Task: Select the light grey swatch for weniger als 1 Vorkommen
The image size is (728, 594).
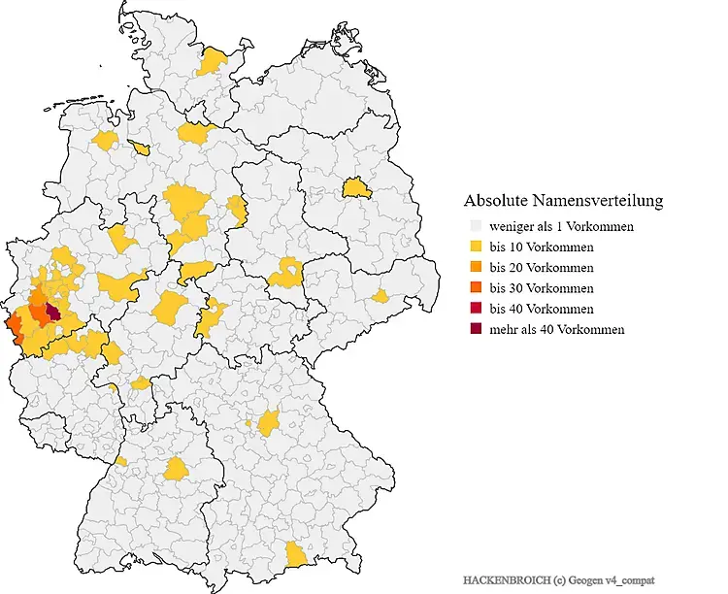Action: [x=476, y=227]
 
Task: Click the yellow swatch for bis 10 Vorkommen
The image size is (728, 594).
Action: [x=476, y=247]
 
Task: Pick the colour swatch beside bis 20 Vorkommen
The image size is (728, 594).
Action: [x=476, y=268]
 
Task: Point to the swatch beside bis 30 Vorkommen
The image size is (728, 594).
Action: [x=476, y=288]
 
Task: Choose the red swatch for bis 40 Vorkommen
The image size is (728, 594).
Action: [x=476, y=309]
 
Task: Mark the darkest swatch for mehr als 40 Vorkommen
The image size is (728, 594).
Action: [x=476, y=330]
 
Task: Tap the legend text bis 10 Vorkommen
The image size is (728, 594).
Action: [x=542, y=247]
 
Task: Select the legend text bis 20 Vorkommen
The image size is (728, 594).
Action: [x=542, y=268]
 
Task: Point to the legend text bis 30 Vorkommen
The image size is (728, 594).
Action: [x=542, y=288]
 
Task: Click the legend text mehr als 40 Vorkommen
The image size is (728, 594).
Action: [x=557, y=330]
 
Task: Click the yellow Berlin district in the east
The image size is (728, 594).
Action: [x=355, y=186]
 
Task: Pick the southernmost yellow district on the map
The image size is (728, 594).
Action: [x=295, y=554]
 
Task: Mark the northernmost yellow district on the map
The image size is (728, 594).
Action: [x=212, y=62]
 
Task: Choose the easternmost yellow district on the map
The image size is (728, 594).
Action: [x=381, y=296]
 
